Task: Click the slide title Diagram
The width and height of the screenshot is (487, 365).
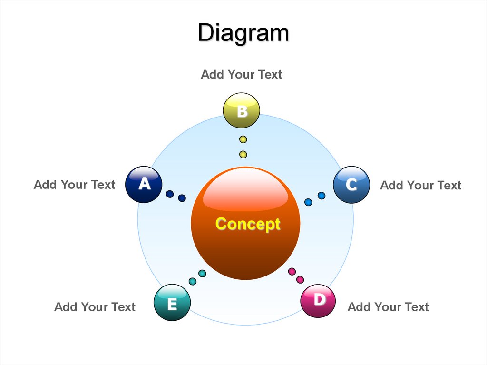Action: pos(243,33)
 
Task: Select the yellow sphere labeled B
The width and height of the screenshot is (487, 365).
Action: pos(242,111)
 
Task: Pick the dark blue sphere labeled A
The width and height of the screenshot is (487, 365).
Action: pos(144,185)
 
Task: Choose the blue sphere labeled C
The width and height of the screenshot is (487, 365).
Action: pos(351,185)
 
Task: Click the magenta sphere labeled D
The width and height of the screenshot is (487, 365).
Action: pos(318,301)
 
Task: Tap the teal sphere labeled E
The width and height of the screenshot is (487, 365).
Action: pos(172,303)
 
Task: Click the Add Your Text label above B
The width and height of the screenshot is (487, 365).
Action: pos(242,74)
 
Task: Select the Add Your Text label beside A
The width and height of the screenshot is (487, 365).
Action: pos(75,185)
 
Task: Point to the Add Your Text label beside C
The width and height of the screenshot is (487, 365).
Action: pos(421,185)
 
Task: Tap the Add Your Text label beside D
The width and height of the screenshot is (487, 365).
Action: pos(388,307)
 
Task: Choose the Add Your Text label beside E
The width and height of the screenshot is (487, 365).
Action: pos(95,307)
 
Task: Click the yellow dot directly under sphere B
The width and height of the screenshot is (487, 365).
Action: pos(243,139)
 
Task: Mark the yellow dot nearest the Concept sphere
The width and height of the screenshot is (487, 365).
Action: pos(243,154)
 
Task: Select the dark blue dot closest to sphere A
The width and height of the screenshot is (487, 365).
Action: pos(170,194)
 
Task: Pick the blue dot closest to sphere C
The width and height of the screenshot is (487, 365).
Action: pos(321,195)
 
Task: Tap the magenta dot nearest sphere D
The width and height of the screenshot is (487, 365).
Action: pos(300,280)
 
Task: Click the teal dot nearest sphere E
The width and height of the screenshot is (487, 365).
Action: pos(193,281)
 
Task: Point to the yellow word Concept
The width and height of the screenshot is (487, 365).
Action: pos(248,224)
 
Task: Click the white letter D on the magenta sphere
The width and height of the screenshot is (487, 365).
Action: pos(319,299)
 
